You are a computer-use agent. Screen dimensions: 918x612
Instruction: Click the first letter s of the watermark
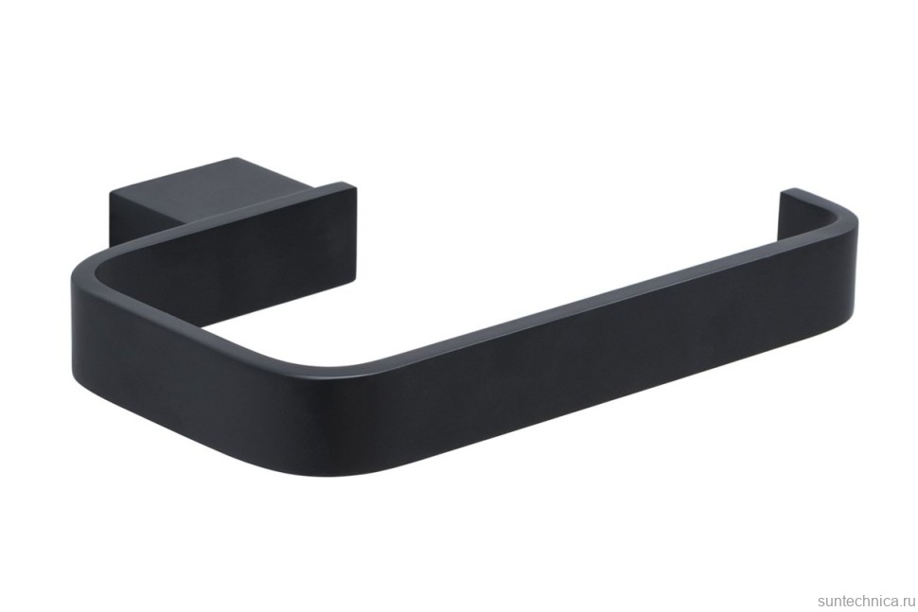[x=821, y=601]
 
